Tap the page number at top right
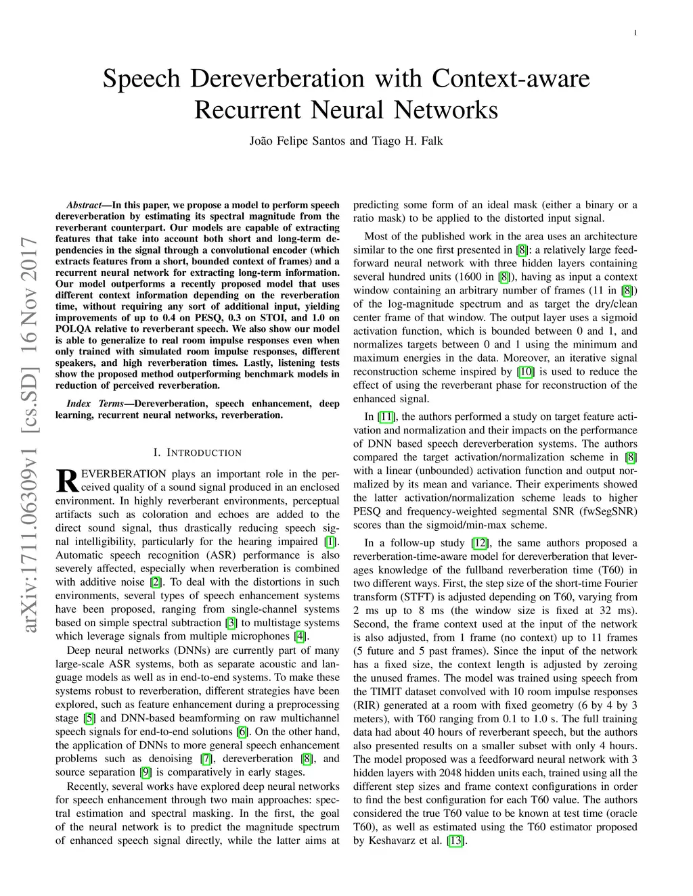tap(636, 33)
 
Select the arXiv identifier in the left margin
tap(29, 437)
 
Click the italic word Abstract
tap(83, 205)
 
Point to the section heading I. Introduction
tap(197, 452)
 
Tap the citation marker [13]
tap(455, 841)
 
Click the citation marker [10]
tap(525, 371)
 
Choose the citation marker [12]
tap(480, 542)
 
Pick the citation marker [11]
tap(387, 417)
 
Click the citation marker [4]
tap(300, 636)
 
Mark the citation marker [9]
tap(146, 772)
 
